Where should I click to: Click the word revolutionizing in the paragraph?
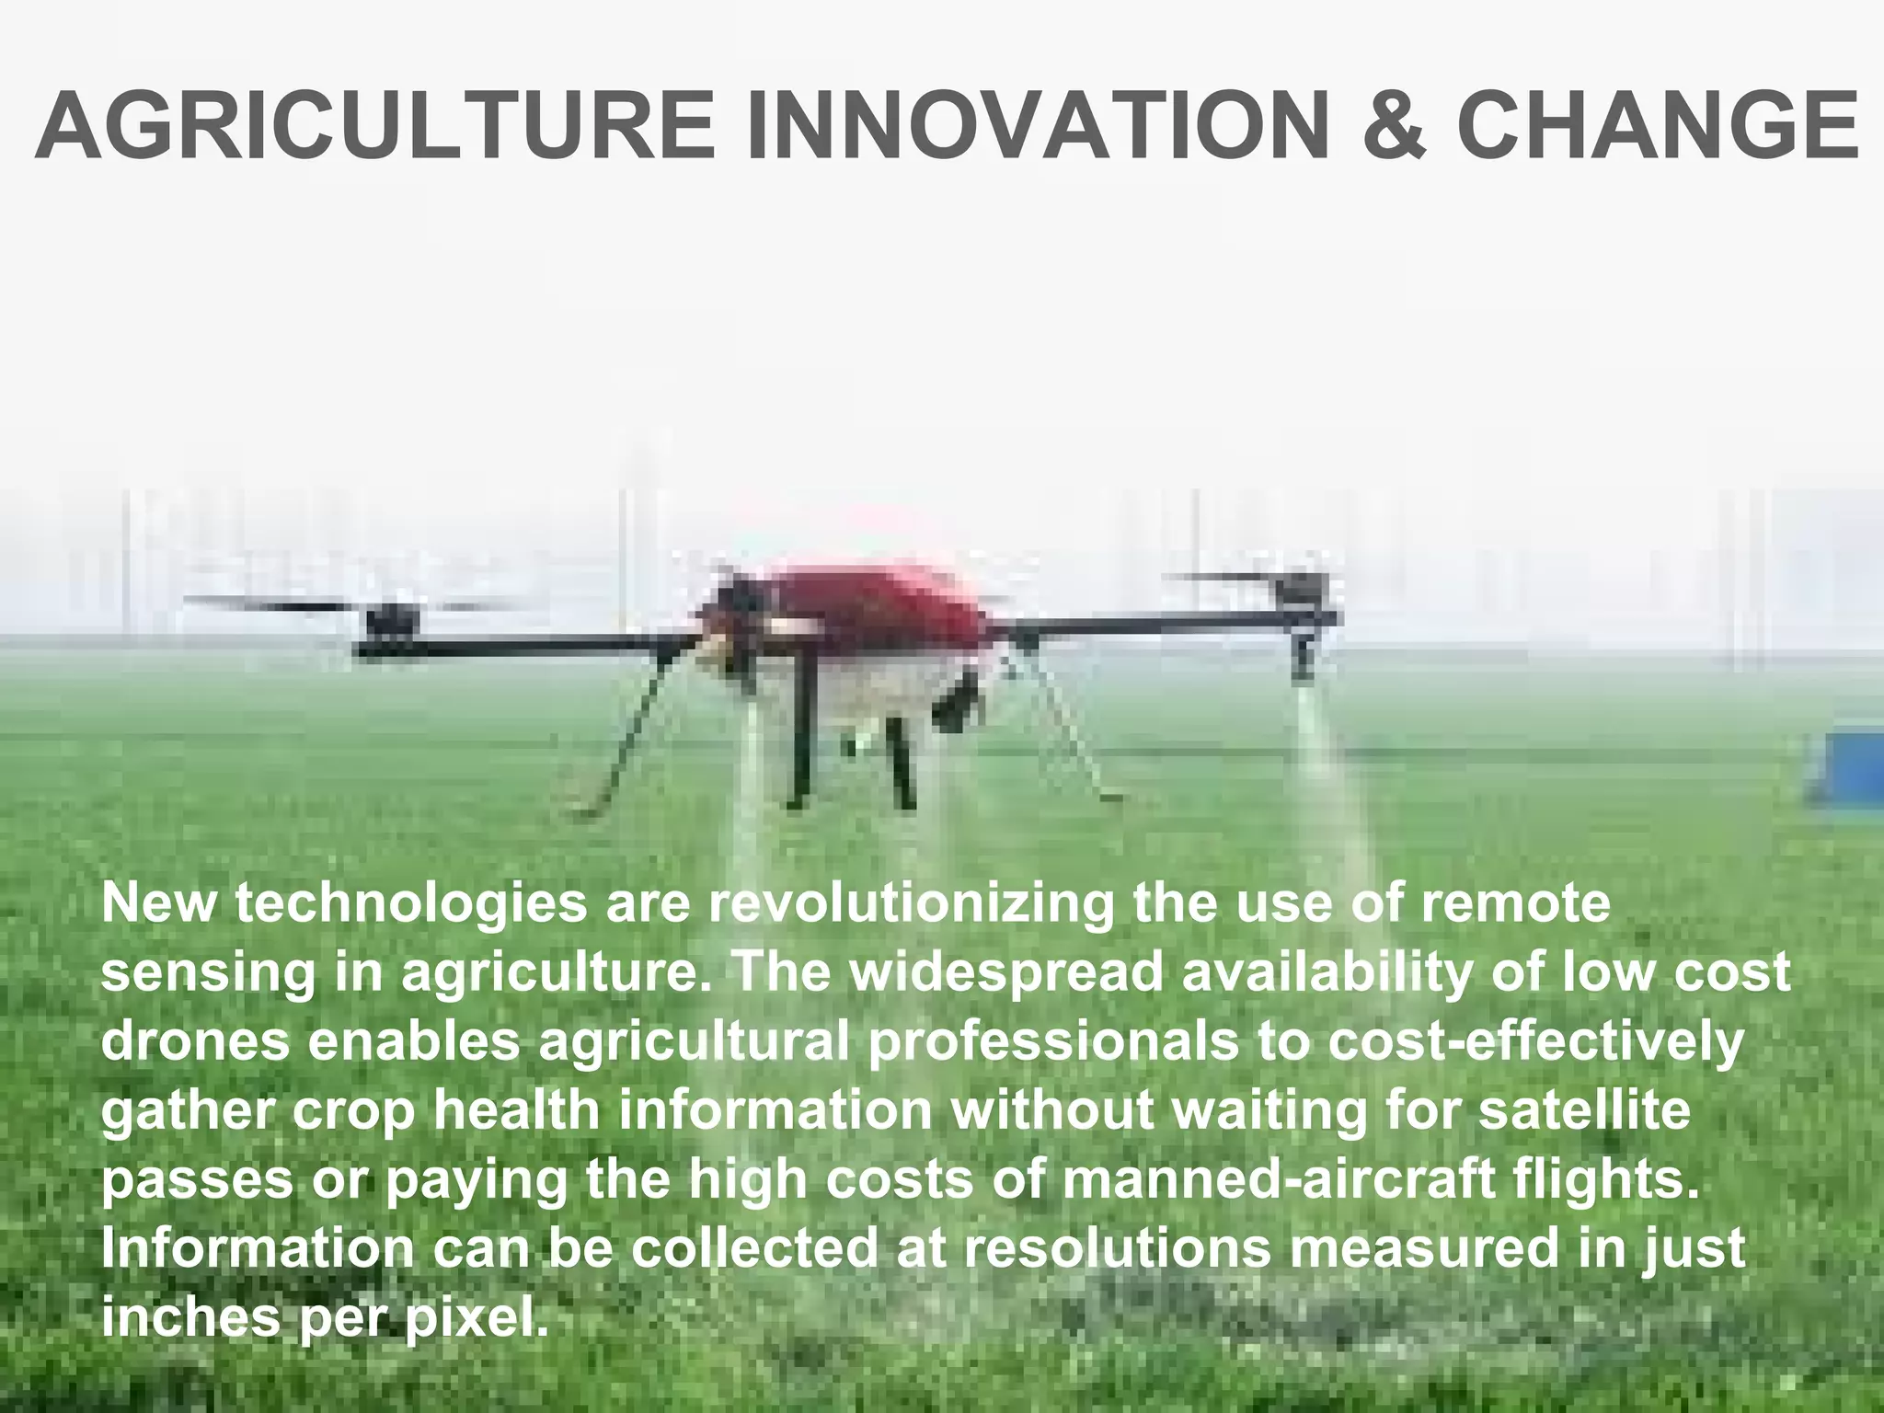click(x=911, y=904)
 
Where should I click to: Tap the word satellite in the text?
click(x=1584, y=1110)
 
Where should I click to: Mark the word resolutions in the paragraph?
click(x=1113, y=1248)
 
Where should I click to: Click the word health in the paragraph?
click(x=516, y=1110)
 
